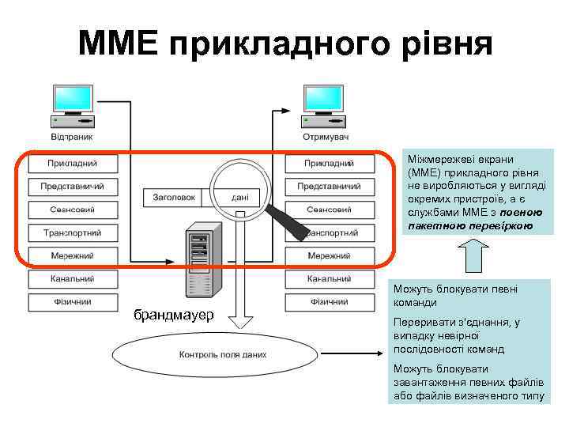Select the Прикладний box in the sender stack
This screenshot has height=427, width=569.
point(73,164)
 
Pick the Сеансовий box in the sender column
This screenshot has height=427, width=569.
point(73,210)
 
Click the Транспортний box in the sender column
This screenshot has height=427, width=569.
point(73,232)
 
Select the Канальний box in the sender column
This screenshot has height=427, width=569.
point(73,278)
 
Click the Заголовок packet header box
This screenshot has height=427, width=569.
point(174,198)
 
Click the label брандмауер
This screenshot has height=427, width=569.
point(173,316)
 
